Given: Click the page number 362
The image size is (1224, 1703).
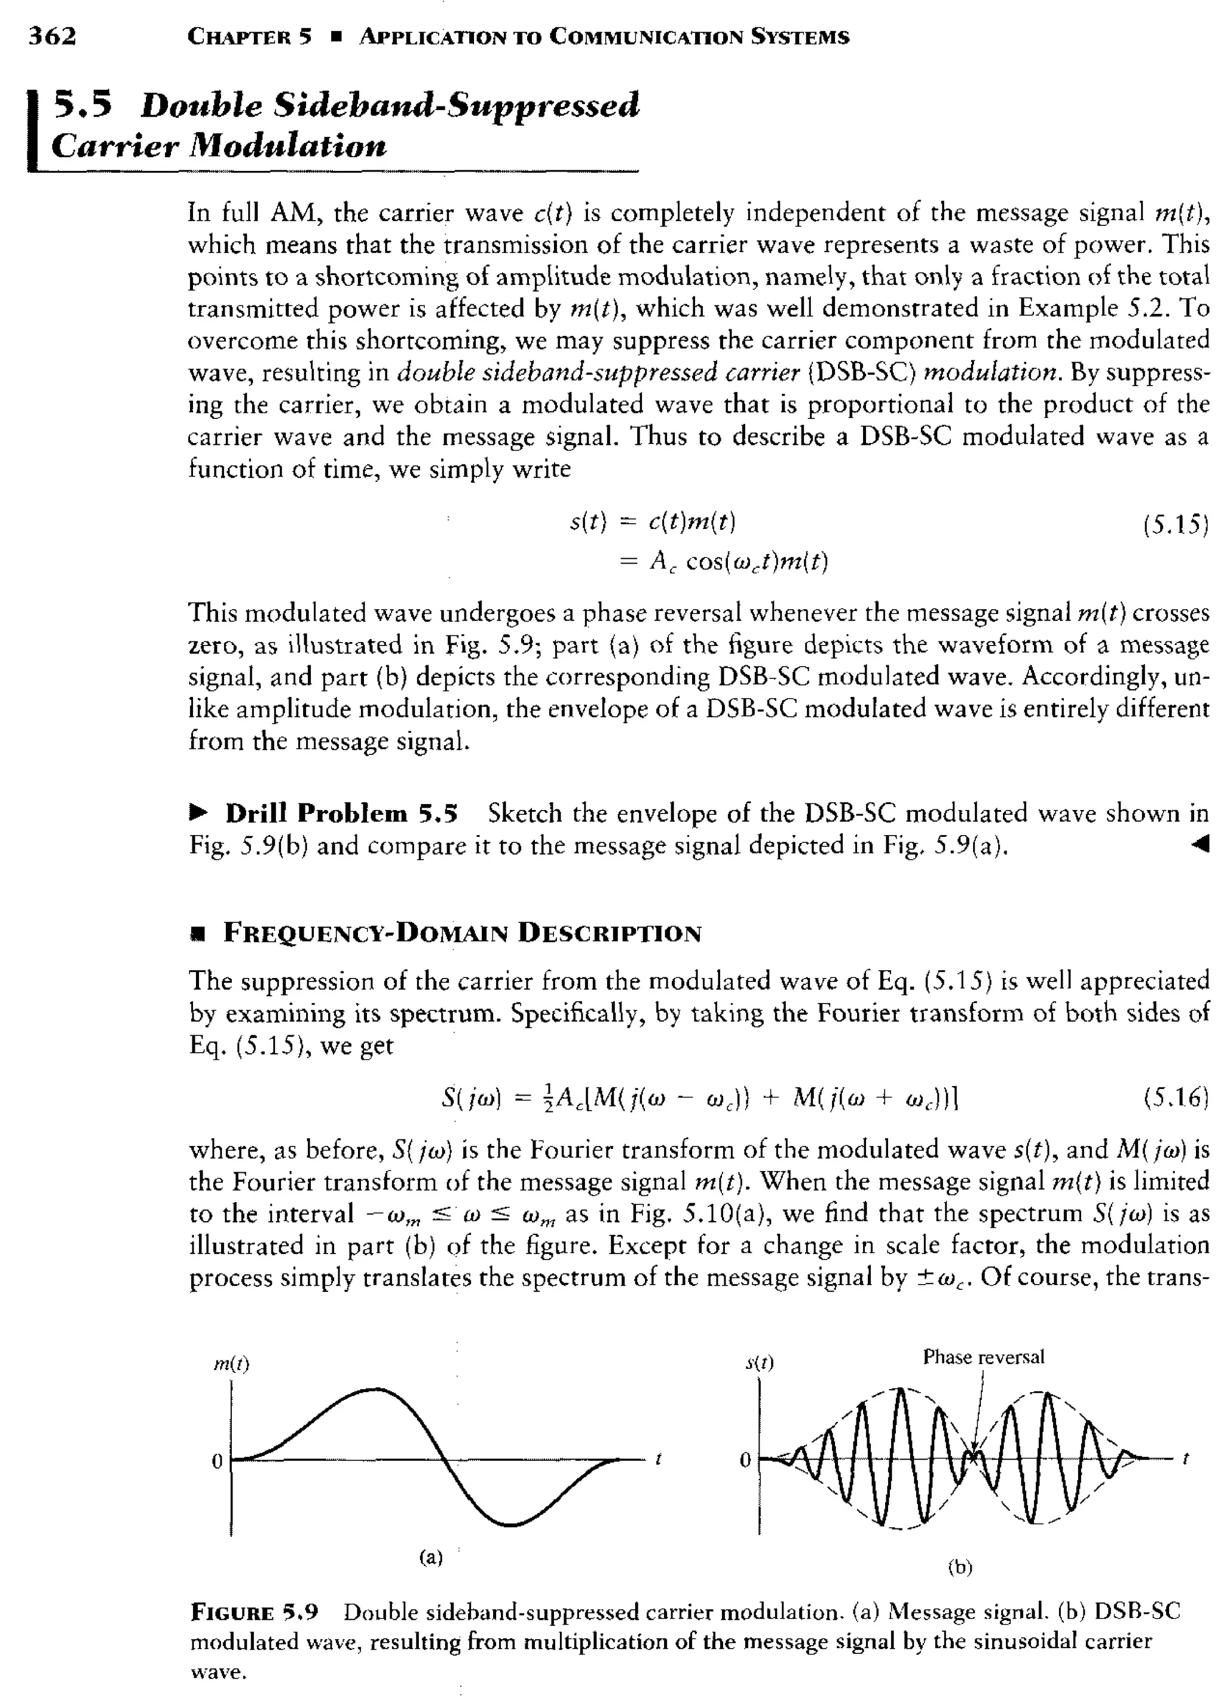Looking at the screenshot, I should coord(53,36).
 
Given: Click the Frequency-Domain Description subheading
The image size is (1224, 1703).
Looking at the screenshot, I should coord(463,933).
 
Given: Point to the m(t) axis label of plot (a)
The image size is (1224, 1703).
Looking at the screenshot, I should coord(232,1364).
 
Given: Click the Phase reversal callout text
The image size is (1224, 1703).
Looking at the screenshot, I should coord(983,1357).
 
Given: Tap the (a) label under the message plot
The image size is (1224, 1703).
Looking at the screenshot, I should coord(430,1557).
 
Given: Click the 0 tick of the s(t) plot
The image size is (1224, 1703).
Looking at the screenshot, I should coord(745,1460).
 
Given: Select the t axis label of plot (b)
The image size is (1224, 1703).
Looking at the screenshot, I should coord(1186,1460).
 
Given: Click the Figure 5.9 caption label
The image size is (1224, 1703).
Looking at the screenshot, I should coord(255,1612).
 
